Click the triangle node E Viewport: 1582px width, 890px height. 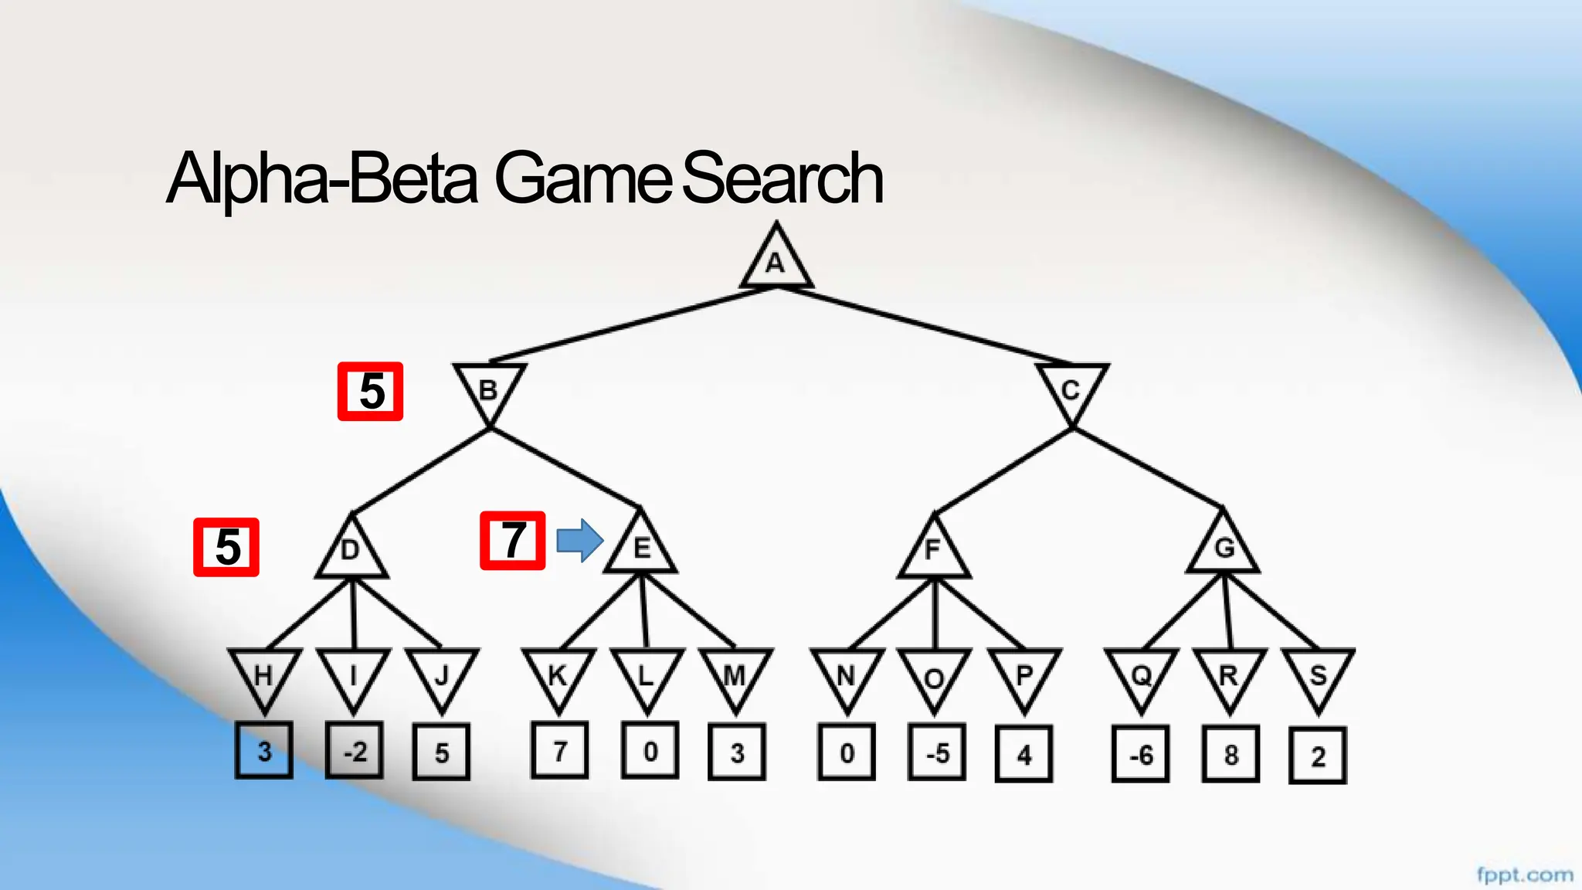(x=640, y=547)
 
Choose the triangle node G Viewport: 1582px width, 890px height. (x=1224, y=547)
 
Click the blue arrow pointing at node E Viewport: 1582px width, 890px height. (x=579, y=540)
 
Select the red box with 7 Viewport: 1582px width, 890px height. (x=513, y=541)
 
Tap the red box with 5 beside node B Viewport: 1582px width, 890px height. (x=371, y=392)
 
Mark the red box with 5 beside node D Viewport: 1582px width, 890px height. (x=226, y=547)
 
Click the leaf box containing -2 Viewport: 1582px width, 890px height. (x=355, y=751)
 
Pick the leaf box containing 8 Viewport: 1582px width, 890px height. (x=1231, y=754)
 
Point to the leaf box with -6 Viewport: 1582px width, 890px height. (x=1140, y=754)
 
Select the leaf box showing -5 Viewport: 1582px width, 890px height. (x=937, y=752)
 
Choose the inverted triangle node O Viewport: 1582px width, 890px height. (x=934, y=677)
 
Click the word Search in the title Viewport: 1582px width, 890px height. (x=782, y=179)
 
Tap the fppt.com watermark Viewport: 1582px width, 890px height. (x=1524, y=875)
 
